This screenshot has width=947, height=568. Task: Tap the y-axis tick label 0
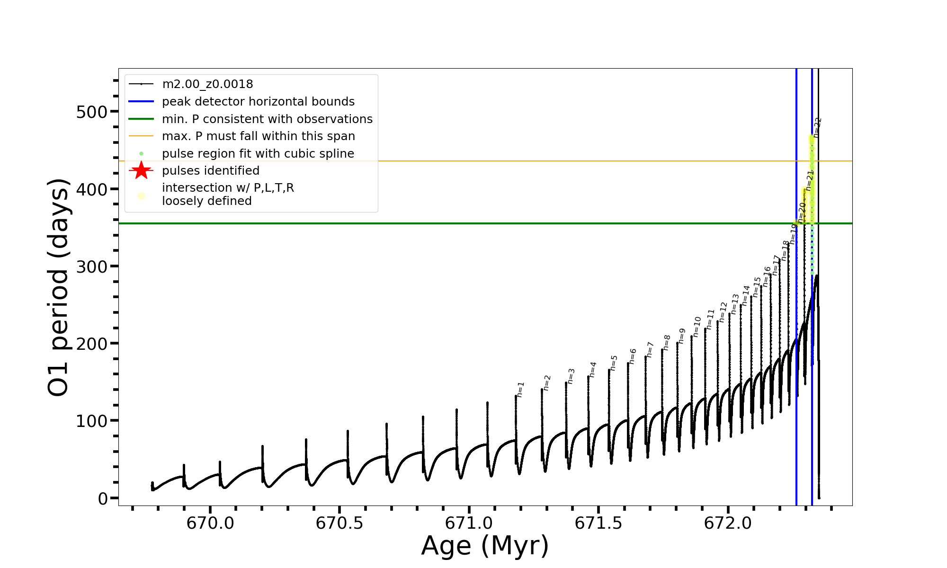(103, 498)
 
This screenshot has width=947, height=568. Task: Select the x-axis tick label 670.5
(339, 524)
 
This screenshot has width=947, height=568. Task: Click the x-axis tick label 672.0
(728, 524)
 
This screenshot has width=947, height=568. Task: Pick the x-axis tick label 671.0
(469, 524)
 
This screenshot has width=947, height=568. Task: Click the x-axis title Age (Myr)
(485, 546)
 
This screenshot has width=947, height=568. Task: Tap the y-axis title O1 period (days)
(59, 287)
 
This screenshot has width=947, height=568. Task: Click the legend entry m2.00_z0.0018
(207, 84)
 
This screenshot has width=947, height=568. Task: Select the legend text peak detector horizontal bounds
(258, 102)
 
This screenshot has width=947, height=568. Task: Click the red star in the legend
(141, 170)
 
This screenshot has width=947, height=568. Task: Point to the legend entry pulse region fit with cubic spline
(258, 154)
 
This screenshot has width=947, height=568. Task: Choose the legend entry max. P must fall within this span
(258, 136)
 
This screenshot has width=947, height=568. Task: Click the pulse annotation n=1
(520, 389)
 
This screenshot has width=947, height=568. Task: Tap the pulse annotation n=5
(614, 363)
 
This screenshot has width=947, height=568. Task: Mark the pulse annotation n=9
(682, 336)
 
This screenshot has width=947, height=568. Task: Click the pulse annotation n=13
(735, 304)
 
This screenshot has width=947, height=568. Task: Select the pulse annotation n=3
(571, 376)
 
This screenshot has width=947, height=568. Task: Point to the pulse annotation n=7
(650, 349)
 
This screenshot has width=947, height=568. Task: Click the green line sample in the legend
(141, 119)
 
